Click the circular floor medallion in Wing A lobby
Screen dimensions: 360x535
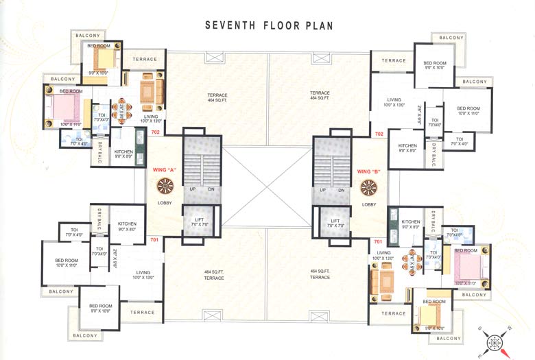(x=165, y=186)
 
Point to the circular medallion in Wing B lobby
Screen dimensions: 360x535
(x=369, y=187)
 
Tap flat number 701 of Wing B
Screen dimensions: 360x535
(x=378, y=241)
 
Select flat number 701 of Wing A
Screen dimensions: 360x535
(x=156, y=240)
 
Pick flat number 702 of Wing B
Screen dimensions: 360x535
(x=379, y=134)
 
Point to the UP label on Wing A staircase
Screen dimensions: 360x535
(x=193, y=189)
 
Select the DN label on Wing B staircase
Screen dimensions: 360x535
(x=341, y=190)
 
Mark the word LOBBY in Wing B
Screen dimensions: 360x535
(x=369, y=204)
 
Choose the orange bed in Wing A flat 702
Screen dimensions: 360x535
(x=102, y=56)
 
